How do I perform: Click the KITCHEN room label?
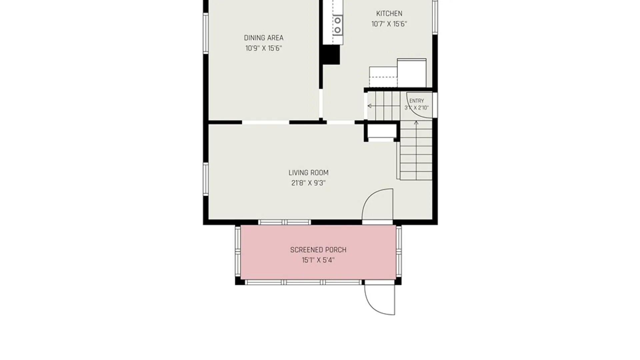(x=389, y=14)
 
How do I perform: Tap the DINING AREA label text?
(x=264, y=38)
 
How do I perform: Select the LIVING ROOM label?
(x=308, y=173)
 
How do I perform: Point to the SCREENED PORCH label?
(x=318, y=250)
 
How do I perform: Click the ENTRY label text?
(x=417, y=101)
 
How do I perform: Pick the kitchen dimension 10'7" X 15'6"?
(x=389, y=24)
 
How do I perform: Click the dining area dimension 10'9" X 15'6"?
(x=264, y=48)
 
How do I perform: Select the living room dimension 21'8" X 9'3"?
(x=308, y=183)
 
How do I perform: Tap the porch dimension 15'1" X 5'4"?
(x=318, y=260)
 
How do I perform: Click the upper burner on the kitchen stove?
(x=338, y=21)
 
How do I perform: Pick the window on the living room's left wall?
(x=206, y=179)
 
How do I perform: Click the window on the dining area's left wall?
(x=206, y=33)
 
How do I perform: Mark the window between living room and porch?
(x=284, y=222)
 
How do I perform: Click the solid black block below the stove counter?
(x=331, y=54)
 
